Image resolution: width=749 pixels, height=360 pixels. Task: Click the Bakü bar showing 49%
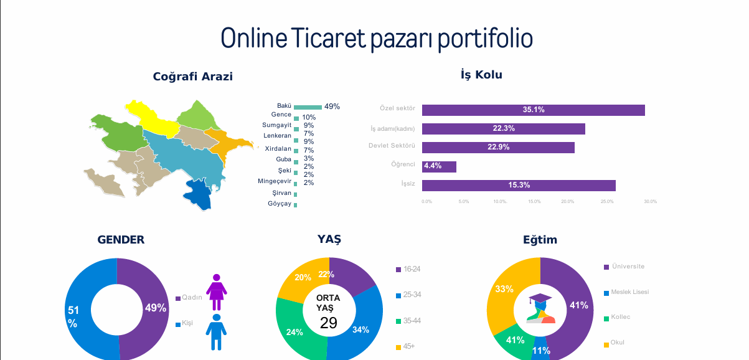click(x=308, y=107)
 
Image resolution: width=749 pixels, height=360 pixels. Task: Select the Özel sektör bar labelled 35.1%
click(x=533, y=110)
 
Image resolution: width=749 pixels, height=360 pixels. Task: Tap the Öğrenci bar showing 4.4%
click(x=439, y=167)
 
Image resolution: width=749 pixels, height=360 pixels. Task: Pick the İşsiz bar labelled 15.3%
click(x=519, y=186)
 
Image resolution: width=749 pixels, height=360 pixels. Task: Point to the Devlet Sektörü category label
click(x=392, y=146)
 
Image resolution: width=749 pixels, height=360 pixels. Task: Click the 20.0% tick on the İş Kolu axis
click(x=567, y=201)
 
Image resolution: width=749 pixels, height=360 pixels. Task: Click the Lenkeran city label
click(x=277, y=135)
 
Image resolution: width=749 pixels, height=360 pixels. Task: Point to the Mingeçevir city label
click(x=275, y=181)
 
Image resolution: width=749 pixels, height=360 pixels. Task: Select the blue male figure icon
click(x=216, y=331)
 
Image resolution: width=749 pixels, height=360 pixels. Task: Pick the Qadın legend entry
click(x=189, y=298)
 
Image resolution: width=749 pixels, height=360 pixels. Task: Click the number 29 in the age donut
click(x=328, y=323)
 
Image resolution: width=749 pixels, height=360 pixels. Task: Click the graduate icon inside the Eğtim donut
click(x=540, y=309)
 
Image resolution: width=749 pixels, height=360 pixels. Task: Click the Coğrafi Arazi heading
click(x=193, y=77)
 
